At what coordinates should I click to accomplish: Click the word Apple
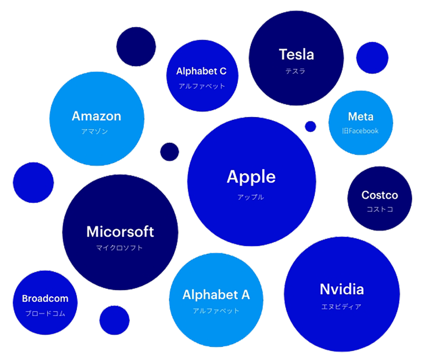(251, 177)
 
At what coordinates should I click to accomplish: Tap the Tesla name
(296, 54)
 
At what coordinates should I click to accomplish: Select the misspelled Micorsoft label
(120, 231)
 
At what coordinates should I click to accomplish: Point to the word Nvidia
(342, 289)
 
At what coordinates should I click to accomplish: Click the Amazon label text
(96, 116)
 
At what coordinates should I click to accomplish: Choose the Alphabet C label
(201, 71)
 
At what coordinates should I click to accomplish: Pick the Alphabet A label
(216, 295)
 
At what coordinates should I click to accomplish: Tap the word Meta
(360, 117)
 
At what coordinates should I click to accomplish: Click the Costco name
(380, 195)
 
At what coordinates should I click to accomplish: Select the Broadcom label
(45, 299)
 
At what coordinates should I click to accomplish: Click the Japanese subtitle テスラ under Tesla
(295, 71)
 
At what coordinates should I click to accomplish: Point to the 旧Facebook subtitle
(360, 131)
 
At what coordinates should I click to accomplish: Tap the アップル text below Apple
(251, 197)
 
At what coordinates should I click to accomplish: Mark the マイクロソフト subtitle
(119, 248)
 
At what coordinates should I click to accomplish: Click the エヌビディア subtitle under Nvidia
(341, 306)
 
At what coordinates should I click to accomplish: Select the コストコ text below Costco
(380, 209)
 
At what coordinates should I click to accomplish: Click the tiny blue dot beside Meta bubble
(310, 126)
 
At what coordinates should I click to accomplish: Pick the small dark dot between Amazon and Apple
(169, 152)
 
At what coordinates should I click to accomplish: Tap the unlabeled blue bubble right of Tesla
(372, 58)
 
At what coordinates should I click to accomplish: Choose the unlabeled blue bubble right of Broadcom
(114, 320)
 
